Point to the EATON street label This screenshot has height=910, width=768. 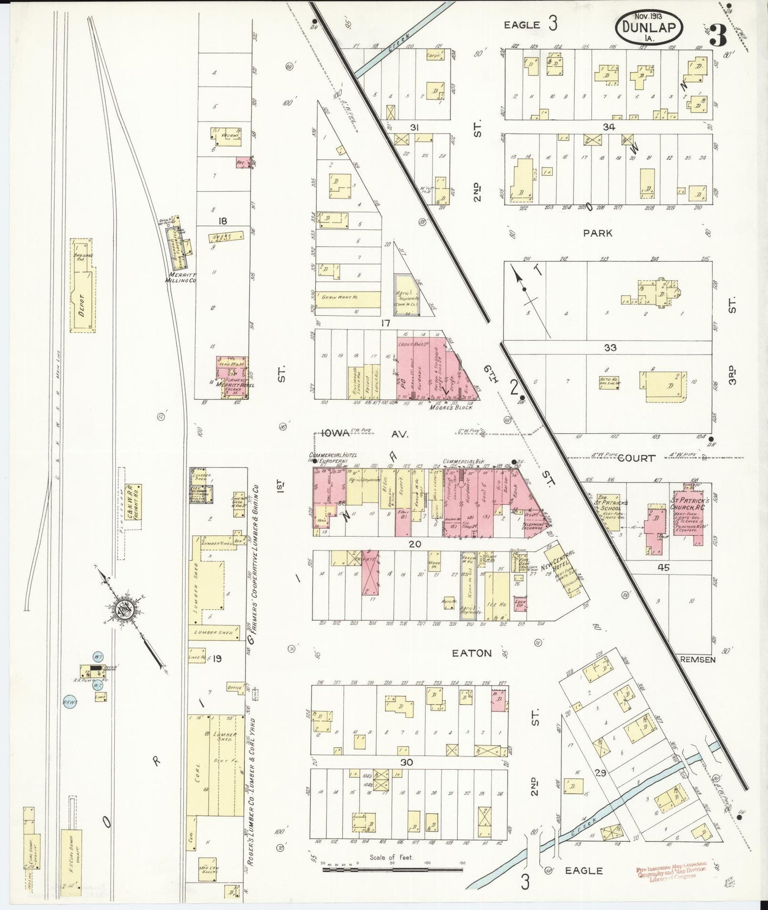pyautogui.click(x=472, y=653)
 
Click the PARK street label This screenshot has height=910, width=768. pyautogui.click(x=597, y=233)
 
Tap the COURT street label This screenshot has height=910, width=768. pyautogui.click(x=637, y=458)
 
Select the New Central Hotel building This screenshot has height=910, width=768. pyautogui.click(x=564, y=569)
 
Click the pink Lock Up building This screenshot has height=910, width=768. pyautogui.click(x=519, y=604)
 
